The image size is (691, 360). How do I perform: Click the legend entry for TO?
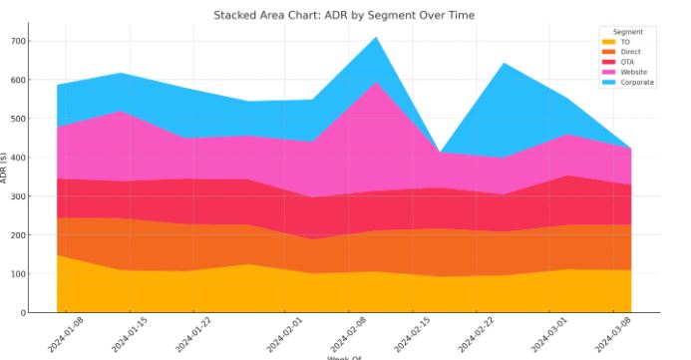tap(625, 42)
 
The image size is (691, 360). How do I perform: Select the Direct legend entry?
tap(629, 52)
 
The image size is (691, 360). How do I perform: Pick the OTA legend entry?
tap(626, 62)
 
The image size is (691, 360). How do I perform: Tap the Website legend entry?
tap(632, 72)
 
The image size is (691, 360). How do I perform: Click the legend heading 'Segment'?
tap(628, 32)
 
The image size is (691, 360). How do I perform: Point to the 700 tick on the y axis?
tap(18, 41)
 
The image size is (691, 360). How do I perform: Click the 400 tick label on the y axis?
tap(18, 158)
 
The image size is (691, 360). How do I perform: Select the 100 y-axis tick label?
tap(18, 273)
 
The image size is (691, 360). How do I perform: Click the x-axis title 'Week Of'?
tap(344, 357)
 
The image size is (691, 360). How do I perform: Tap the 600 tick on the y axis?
tap(18, 80)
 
